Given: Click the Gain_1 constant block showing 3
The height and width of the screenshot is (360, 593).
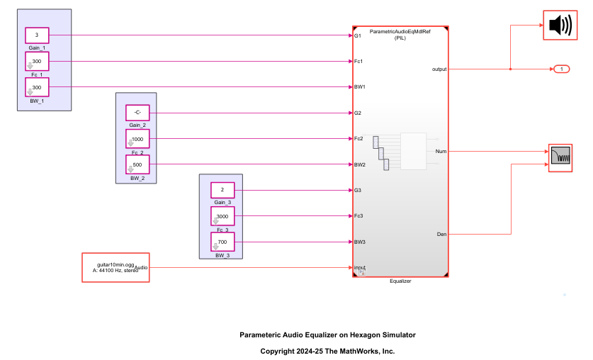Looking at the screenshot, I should pos(37,35).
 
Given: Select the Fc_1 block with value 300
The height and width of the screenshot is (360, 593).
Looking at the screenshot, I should pos(37,62).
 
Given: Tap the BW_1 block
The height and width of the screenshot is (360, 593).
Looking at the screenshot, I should pos(37,87).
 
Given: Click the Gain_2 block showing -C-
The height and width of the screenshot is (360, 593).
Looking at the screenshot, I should pos(137,113).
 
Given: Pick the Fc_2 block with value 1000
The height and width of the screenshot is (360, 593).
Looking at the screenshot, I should pos(137,139).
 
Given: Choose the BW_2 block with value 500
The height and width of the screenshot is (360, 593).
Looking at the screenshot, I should pos(137,164).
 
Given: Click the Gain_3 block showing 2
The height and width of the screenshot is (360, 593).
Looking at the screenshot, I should pos(222,190).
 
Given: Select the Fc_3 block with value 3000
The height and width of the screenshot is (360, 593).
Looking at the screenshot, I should pos(222,216).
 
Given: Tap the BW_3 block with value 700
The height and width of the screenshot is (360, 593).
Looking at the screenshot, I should pos(222,242).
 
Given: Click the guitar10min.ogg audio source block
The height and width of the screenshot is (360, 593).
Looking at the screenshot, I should pos(115,267).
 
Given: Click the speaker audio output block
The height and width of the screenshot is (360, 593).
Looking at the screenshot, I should pos(560,26).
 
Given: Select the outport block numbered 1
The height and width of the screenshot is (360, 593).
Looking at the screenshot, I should pos(561,69).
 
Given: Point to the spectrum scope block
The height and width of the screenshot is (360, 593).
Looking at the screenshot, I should pos(560,158).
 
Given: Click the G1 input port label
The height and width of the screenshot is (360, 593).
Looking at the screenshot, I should pos(358,35).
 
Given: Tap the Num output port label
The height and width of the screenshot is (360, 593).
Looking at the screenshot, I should pos(440,151).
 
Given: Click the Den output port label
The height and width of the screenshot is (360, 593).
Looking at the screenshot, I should pos(440,234).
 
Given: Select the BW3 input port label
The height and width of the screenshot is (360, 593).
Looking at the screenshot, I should pos(360,242).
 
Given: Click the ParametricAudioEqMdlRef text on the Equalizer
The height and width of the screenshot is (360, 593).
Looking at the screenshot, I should pos(400,31).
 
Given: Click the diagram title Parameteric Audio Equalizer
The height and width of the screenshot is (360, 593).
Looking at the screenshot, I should pos(327,334).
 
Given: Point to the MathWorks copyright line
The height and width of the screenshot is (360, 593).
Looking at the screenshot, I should pos(327,351).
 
